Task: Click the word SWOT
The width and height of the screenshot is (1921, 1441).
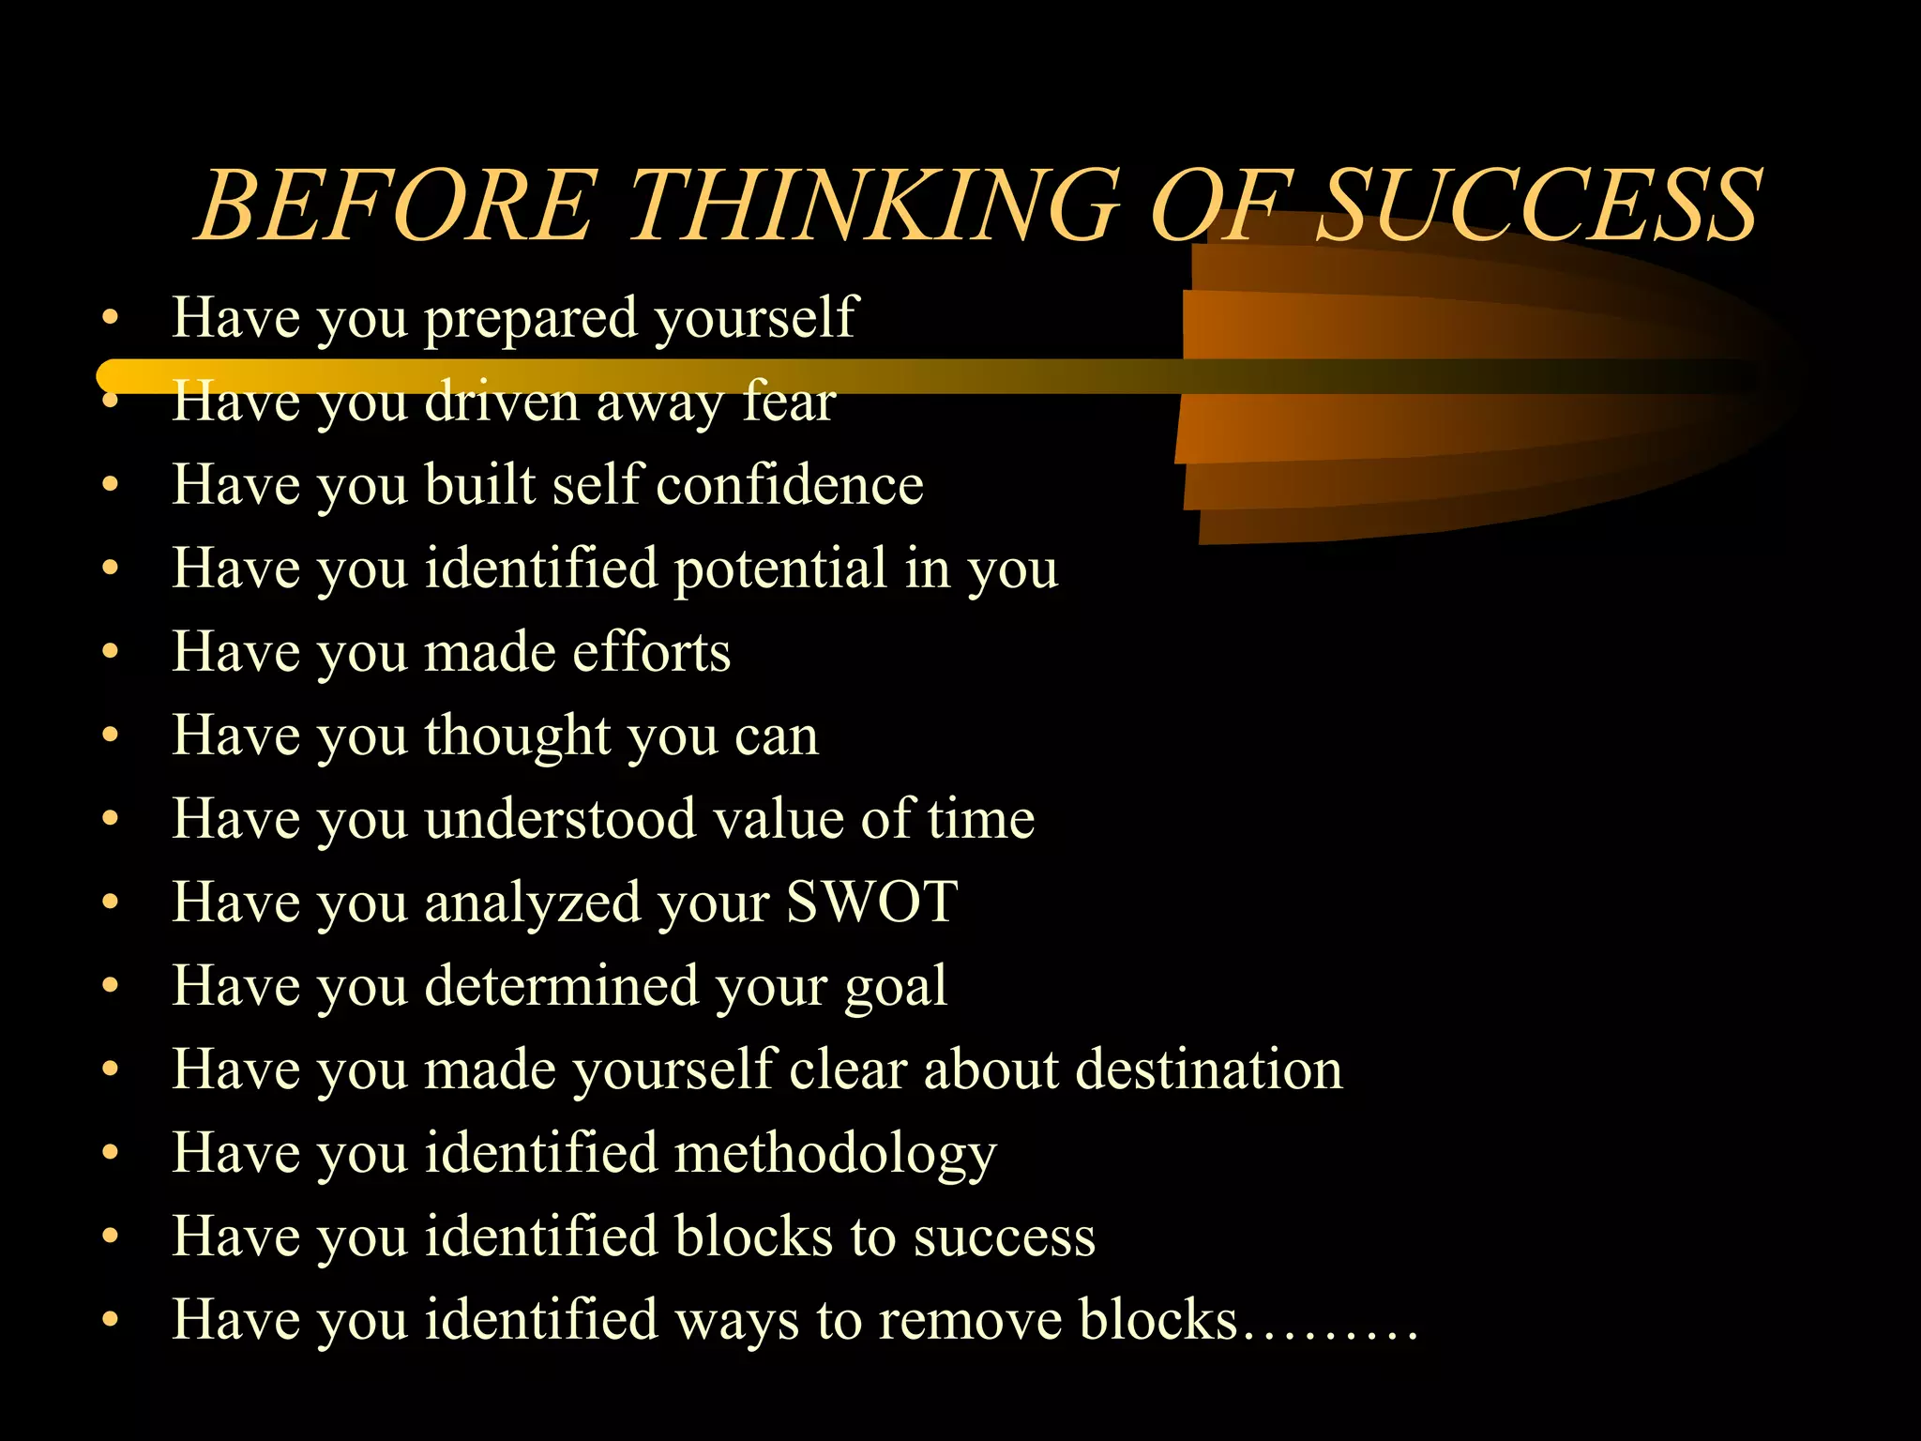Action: (x=871, y=902)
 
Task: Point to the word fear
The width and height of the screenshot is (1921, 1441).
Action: (x=788, y=402)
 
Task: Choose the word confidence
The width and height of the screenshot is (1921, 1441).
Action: (x=790, y=485)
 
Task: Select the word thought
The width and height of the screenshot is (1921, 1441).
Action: (x=518, y=736)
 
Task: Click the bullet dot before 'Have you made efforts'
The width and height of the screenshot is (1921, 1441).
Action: (x=111, y=651)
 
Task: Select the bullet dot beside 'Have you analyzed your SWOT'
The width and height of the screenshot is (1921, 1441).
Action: (x=111, y=902)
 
